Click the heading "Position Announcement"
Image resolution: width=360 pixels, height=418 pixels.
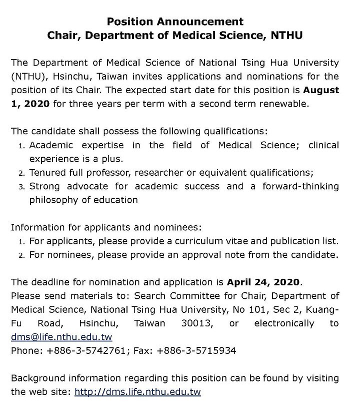click(x=175, y=22)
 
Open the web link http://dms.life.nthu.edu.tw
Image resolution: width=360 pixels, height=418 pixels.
click(x=137, y=392)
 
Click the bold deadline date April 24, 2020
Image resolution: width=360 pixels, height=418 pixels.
click(x=264, y=282)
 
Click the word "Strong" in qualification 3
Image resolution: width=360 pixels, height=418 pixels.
click(x=45, y=186)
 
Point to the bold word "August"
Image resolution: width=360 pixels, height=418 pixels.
click(x=319, y=91)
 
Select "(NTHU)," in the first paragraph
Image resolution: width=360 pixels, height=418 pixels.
click(x=30, y=77)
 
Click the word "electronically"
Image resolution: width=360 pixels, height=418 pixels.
click(x=284, y=323)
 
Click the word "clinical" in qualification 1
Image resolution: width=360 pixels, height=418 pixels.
click(x=323, y=145)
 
